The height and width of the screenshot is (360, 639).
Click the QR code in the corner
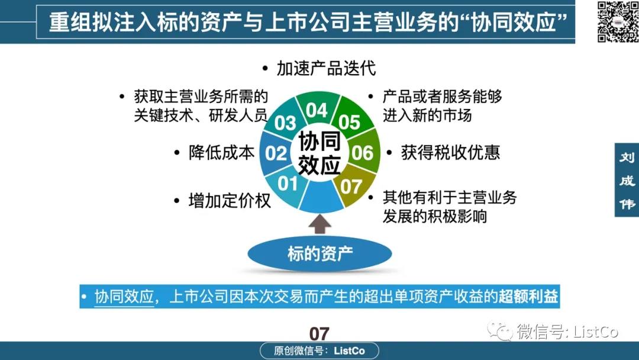[x=618, y=21]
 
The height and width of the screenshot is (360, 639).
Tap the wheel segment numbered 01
[x=285, y=187]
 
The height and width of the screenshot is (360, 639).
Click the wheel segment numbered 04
[x=317, y=108]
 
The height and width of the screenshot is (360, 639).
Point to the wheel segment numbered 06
[x=363, y=152]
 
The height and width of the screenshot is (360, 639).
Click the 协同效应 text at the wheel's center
[x=319, y=153]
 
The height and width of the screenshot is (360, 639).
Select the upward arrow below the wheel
[x=319, y=224]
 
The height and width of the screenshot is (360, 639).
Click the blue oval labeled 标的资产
[x=319, y=253]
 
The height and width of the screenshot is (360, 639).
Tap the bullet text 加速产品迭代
[x=326, y=69]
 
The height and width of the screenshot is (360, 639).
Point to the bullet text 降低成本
[x=222, y=153]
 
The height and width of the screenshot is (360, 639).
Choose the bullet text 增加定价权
[x=230, y=201]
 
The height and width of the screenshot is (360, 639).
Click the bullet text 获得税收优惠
[x=450, y=153]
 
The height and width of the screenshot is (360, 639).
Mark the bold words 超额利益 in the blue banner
[x=528, y=297]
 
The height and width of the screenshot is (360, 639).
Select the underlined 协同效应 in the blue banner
[x=124, y=297]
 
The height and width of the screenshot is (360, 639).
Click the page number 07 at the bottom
[x=319, y=334]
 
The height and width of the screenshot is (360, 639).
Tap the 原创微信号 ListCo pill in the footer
[x=319, y=351]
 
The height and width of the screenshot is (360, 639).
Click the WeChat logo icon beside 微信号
[x=499, y=330]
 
